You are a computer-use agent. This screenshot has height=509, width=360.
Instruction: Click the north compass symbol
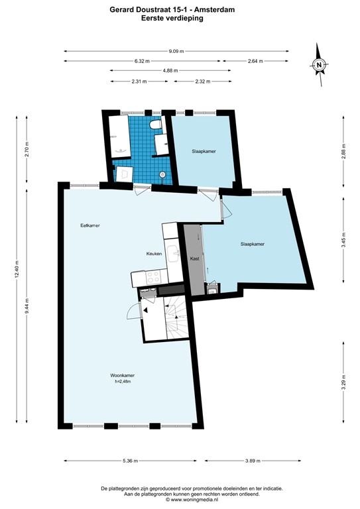[x=319, y=65]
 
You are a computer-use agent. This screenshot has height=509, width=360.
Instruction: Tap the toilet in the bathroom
[x=155, y=125]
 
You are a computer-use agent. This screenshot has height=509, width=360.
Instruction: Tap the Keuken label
[x=154, y=254]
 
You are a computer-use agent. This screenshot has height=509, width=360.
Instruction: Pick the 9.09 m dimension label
[x=176, y=51]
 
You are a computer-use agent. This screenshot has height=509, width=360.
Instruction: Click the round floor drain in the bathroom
[x=162, y=174]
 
